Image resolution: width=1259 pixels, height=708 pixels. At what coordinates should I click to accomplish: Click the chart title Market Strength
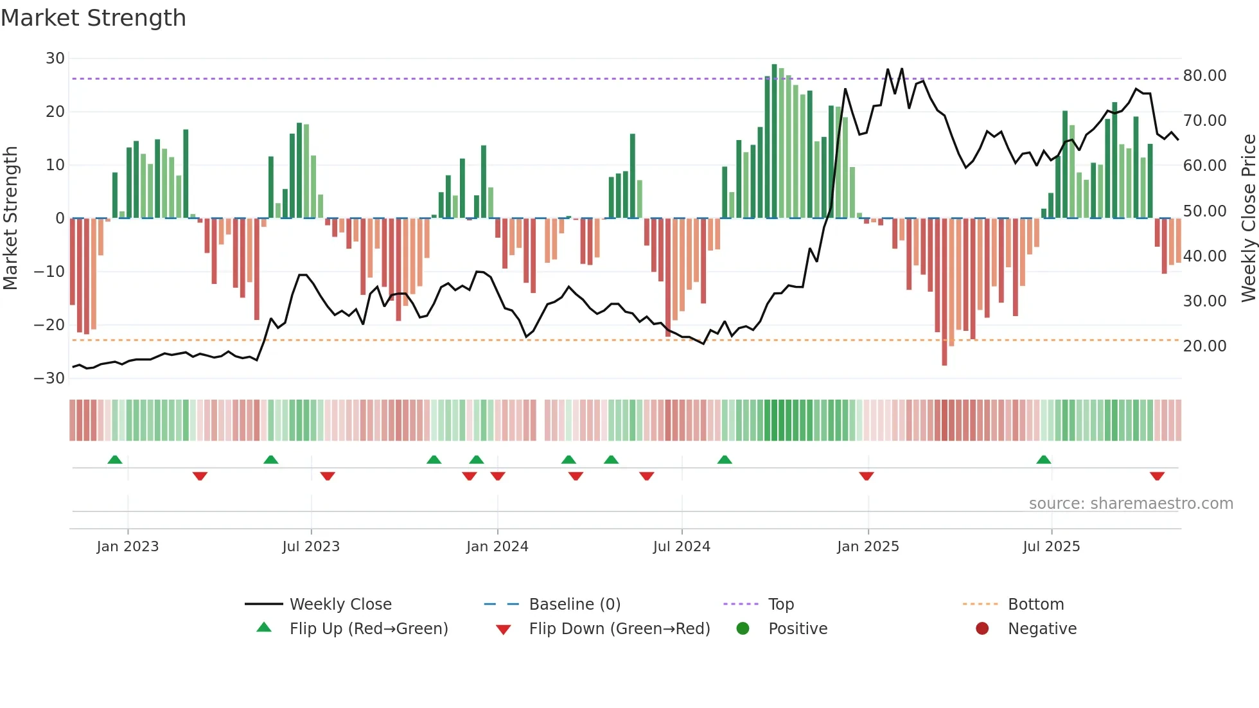click(x=93, y=18)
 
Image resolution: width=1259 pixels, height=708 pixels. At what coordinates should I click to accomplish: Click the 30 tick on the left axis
click(x=55, y=58)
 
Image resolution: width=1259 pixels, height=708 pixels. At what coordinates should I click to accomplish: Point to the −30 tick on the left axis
click(x=49, y=378)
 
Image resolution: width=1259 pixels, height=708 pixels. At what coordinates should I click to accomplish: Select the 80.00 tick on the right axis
click(x=1204, y=76)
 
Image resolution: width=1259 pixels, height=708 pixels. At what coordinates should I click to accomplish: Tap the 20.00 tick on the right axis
click(x=1204, y=346)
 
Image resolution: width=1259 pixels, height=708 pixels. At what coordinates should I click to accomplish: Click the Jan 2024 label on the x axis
click(x=497, y=547)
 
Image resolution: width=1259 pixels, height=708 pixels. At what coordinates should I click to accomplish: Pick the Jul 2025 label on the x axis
click(x=1051, y=547)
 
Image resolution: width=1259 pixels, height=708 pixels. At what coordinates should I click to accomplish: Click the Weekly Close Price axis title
click(x=1248, y=218)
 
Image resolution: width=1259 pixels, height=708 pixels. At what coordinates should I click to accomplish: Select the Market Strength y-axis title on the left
click(x=11, y=218)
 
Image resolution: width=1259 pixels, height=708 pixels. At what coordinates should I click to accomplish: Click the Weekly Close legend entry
click(x=340, y=605)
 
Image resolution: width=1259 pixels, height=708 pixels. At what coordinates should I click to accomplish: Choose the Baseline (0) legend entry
click(x=574, y=605)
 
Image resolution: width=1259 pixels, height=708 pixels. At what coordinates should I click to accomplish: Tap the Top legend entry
click(x=781, y=605)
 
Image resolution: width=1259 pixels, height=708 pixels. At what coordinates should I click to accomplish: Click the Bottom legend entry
click(x=1035, y=605)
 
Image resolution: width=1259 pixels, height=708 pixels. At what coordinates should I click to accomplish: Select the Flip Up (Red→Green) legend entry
click(x=368, y=629)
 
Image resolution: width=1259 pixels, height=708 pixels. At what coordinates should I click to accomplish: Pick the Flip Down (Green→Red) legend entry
click(x=619, y=629)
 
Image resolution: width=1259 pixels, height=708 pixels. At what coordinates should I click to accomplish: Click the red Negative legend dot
click(x=982, y=629)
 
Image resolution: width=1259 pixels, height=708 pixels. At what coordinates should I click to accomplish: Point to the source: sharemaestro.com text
click(x=1131, y=504)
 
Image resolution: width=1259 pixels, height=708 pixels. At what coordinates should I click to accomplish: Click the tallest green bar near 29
click(x=774, y=141)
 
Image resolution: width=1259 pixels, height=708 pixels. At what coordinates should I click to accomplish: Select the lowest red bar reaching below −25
click(x=944, y=292)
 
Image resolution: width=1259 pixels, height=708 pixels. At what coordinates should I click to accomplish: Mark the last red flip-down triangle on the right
click(x=1157, y=476)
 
